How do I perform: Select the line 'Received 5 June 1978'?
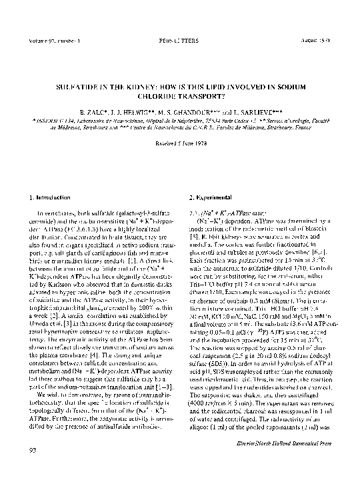point(179,141)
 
